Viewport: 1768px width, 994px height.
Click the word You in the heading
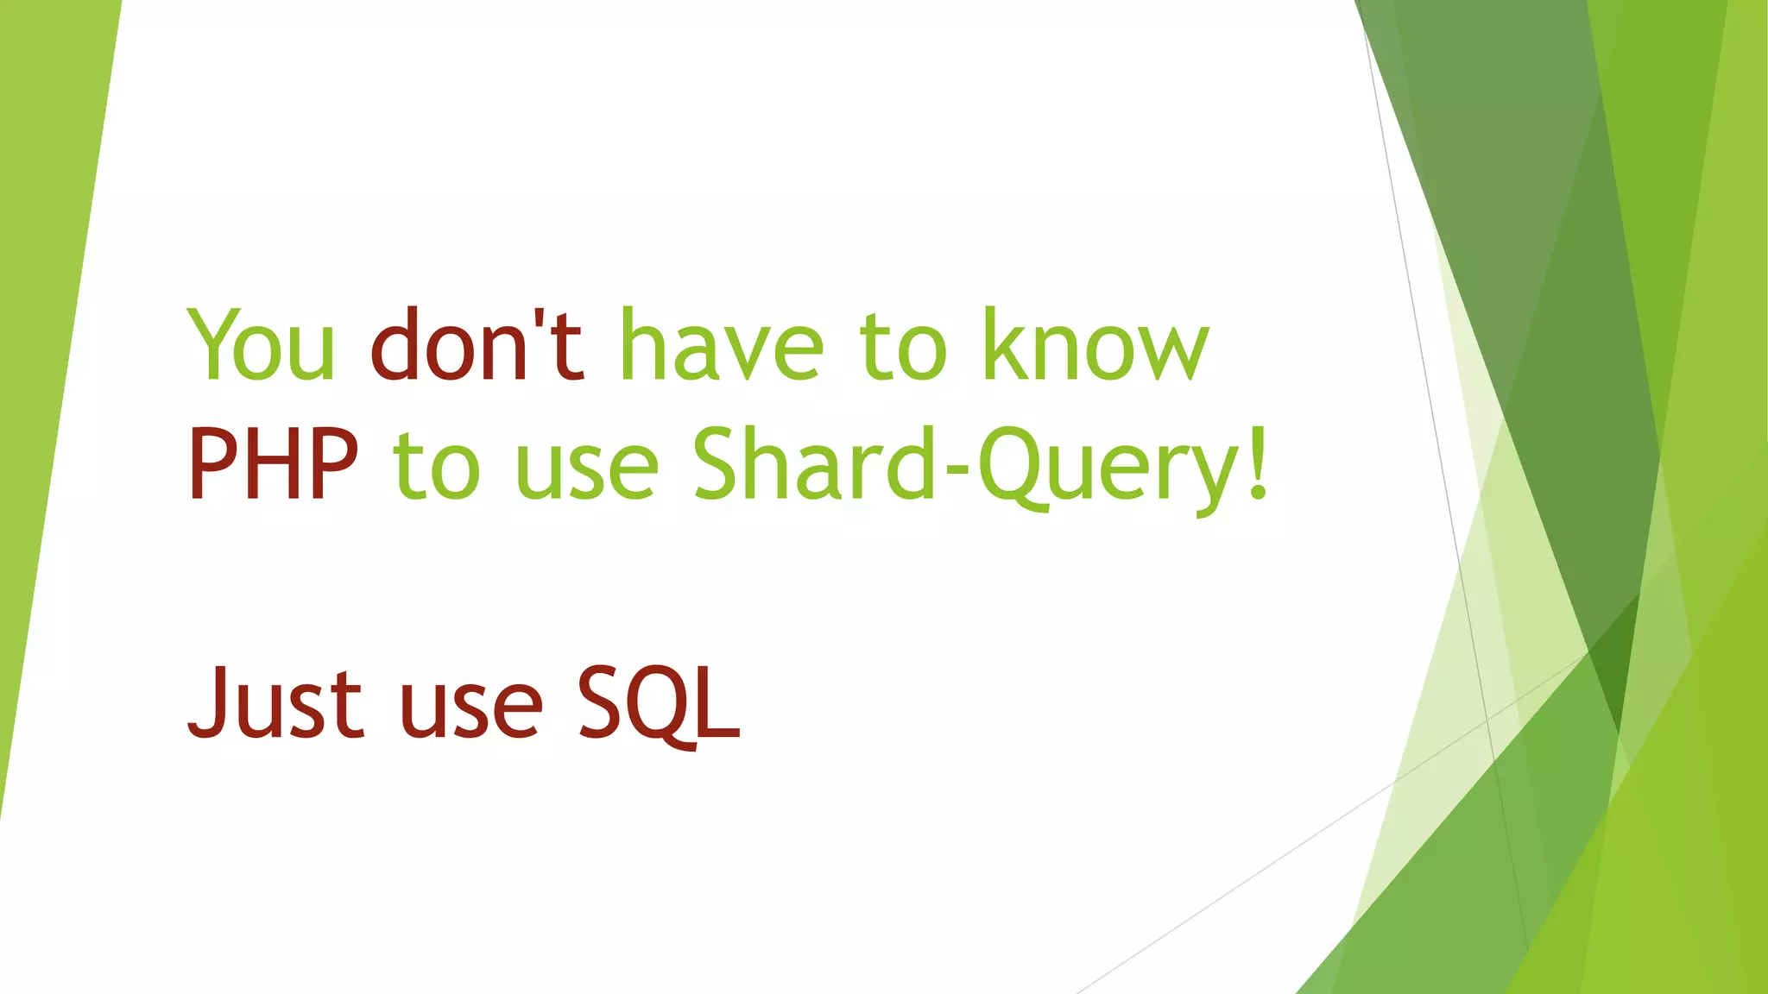(261, 345)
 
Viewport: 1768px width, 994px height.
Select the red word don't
(477, 345)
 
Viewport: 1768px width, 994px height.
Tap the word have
(722, 345)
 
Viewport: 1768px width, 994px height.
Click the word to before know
(903, 345)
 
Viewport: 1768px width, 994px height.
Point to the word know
(1095, 345)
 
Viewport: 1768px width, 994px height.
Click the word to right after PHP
(437, 466)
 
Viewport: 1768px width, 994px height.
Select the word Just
(276, 703)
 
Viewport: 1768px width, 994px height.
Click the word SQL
(658, 703)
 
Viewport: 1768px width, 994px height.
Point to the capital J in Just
(207, 703)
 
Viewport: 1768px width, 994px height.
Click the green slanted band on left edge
(43, 345)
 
